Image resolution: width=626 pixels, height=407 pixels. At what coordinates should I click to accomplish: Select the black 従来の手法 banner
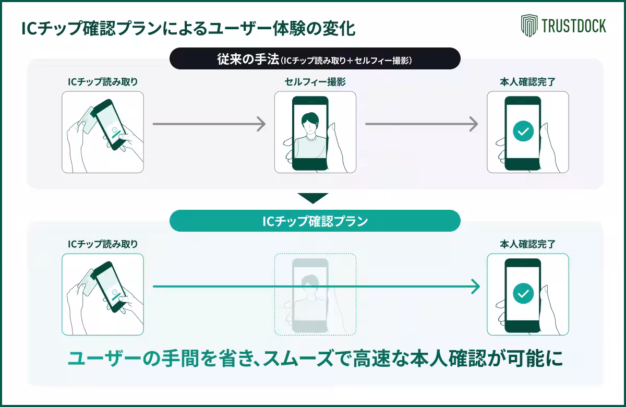tap(315, 59)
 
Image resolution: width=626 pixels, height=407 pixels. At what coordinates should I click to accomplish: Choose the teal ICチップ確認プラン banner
tap(315, 221)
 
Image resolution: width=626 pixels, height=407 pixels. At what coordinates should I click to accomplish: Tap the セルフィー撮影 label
tap(315, 82)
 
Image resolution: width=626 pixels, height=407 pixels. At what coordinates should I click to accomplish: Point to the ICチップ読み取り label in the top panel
tap(103, 82)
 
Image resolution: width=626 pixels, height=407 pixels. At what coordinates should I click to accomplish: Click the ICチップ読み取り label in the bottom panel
tap(103, 244)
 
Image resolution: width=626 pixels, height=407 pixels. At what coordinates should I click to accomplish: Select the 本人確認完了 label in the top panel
tap(527, 82)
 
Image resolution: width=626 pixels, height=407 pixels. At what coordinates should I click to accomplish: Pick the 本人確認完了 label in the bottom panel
tap(527, 244)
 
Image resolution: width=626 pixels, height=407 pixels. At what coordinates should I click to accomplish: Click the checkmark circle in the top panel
tap(523, 131)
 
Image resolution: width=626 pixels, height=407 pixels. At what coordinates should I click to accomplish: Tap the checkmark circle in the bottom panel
tap(523, 293)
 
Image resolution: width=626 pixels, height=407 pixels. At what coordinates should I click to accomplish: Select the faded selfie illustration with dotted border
tap(315, 294)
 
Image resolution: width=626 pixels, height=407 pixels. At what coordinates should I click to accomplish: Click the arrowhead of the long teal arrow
tap(475, 286)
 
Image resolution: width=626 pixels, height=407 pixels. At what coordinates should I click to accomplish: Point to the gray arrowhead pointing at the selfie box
tap(261, 124)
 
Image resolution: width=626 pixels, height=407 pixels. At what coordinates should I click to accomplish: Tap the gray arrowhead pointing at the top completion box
tap(474, 124)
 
